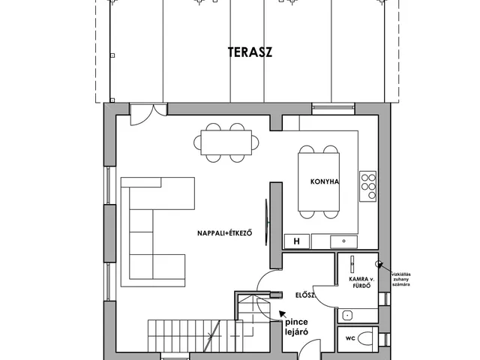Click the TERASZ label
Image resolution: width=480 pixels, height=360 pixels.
[250, 52]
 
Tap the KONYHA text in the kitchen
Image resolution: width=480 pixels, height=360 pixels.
[325, 181]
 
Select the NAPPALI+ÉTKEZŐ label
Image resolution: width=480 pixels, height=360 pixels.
[225, 233]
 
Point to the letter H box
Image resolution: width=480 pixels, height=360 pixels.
[297, 241]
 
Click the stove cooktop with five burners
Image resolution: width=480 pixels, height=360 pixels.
[367, 186]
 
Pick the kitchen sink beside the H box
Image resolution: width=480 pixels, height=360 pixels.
[343, 241]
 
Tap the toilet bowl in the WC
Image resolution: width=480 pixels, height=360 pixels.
[365, 339]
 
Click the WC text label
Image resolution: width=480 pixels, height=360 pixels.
[350, 338]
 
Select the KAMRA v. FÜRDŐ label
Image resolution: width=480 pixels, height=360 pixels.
[361, 283]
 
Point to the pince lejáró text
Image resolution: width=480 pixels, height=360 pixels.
[296, 327]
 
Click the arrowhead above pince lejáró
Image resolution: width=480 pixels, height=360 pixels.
[282, 314]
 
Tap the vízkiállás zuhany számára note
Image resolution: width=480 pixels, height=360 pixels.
[401, 279]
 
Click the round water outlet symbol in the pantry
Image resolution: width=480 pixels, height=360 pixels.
[379, 263]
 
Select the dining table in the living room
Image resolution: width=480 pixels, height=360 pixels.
[226, 142]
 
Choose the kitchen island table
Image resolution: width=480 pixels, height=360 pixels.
[319, 181]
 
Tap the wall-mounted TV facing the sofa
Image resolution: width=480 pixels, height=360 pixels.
[267, 222]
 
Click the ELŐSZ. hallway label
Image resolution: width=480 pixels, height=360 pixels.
[306, 295]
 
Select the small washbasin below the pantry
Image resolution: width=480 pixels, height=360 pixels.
[347, 315]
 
